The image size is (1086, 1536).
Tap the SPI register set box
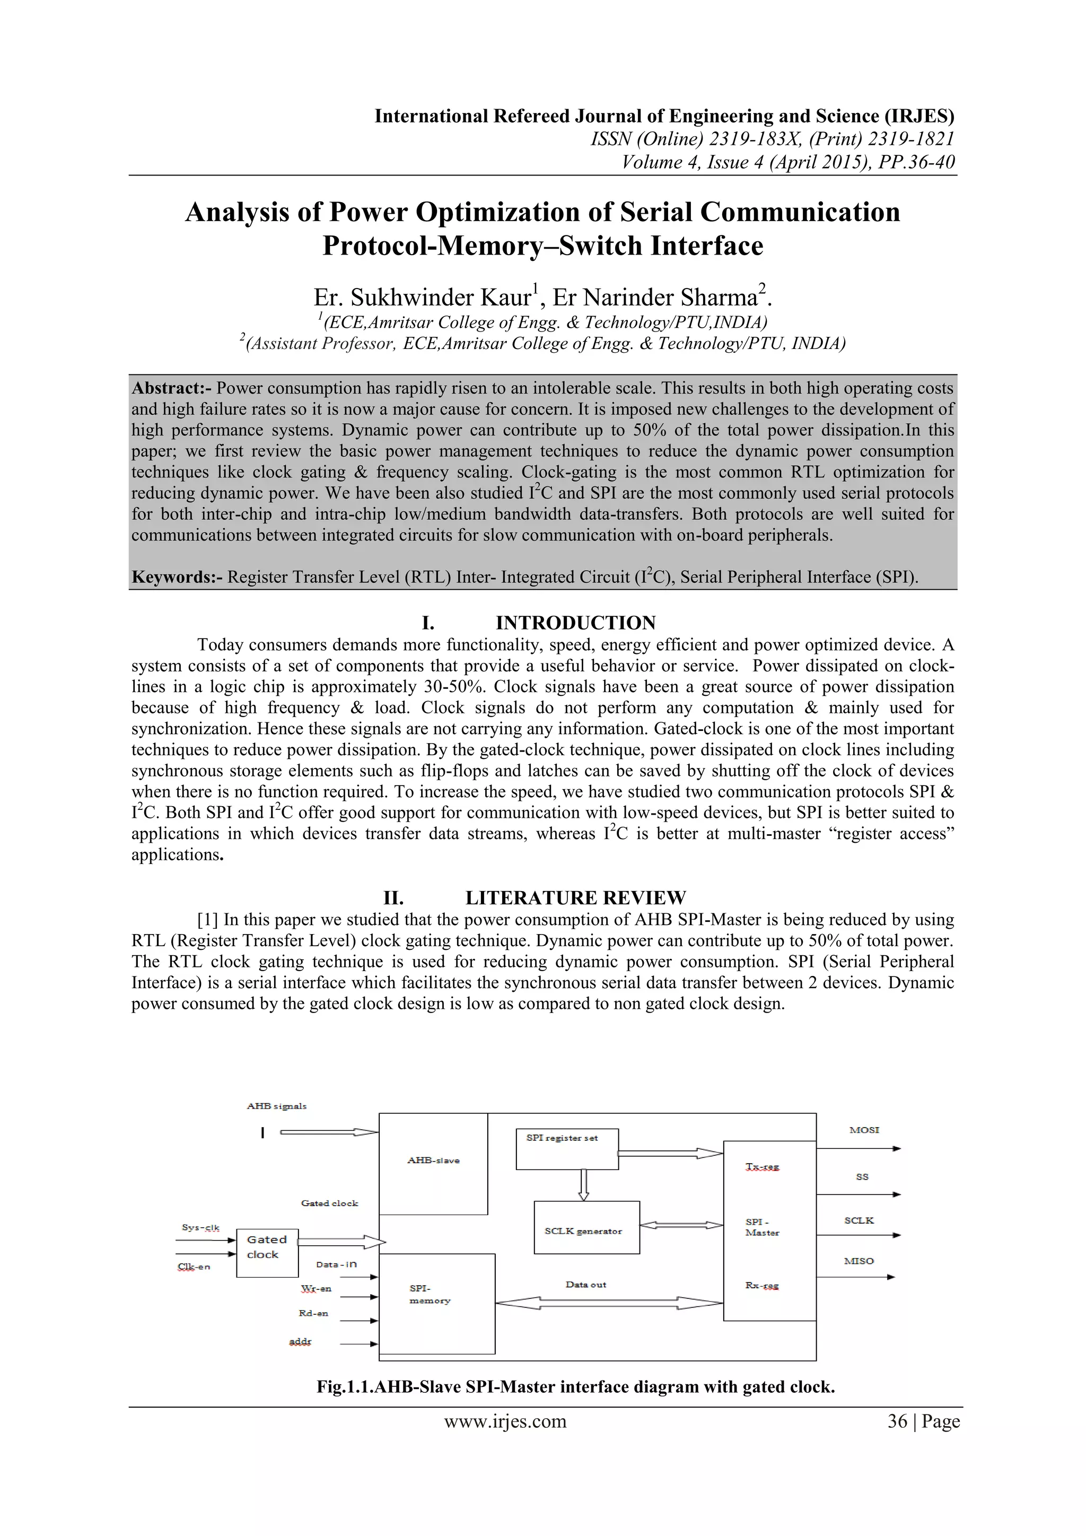[x=567, y=1149]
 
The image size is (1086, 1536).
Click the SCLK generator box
[x=586, y=1231]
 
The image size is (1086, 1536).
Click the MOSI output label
[x=864, y=1130]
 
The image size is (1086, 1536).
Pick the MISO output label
[x=859, y=1261]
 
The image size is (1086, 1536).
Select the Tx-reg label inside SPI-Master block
[x=763, y=1167]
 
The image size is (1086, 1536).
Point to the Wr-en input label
[x=316, y=1288]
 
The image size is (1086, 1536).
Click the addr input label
[x=300, y=1341]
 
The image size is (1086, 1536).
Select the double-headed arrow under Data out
[x=609, y=1303]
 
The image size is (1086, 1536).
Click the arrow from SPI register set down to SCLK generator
[x=583, y=1185]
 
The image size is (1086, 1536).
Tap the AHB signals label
[x=276, y=1106]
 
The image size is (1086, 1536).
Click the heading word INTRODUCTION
[x=575, y=623]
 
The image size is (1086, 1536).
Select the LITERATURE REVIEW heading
[x=575, y=898]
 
